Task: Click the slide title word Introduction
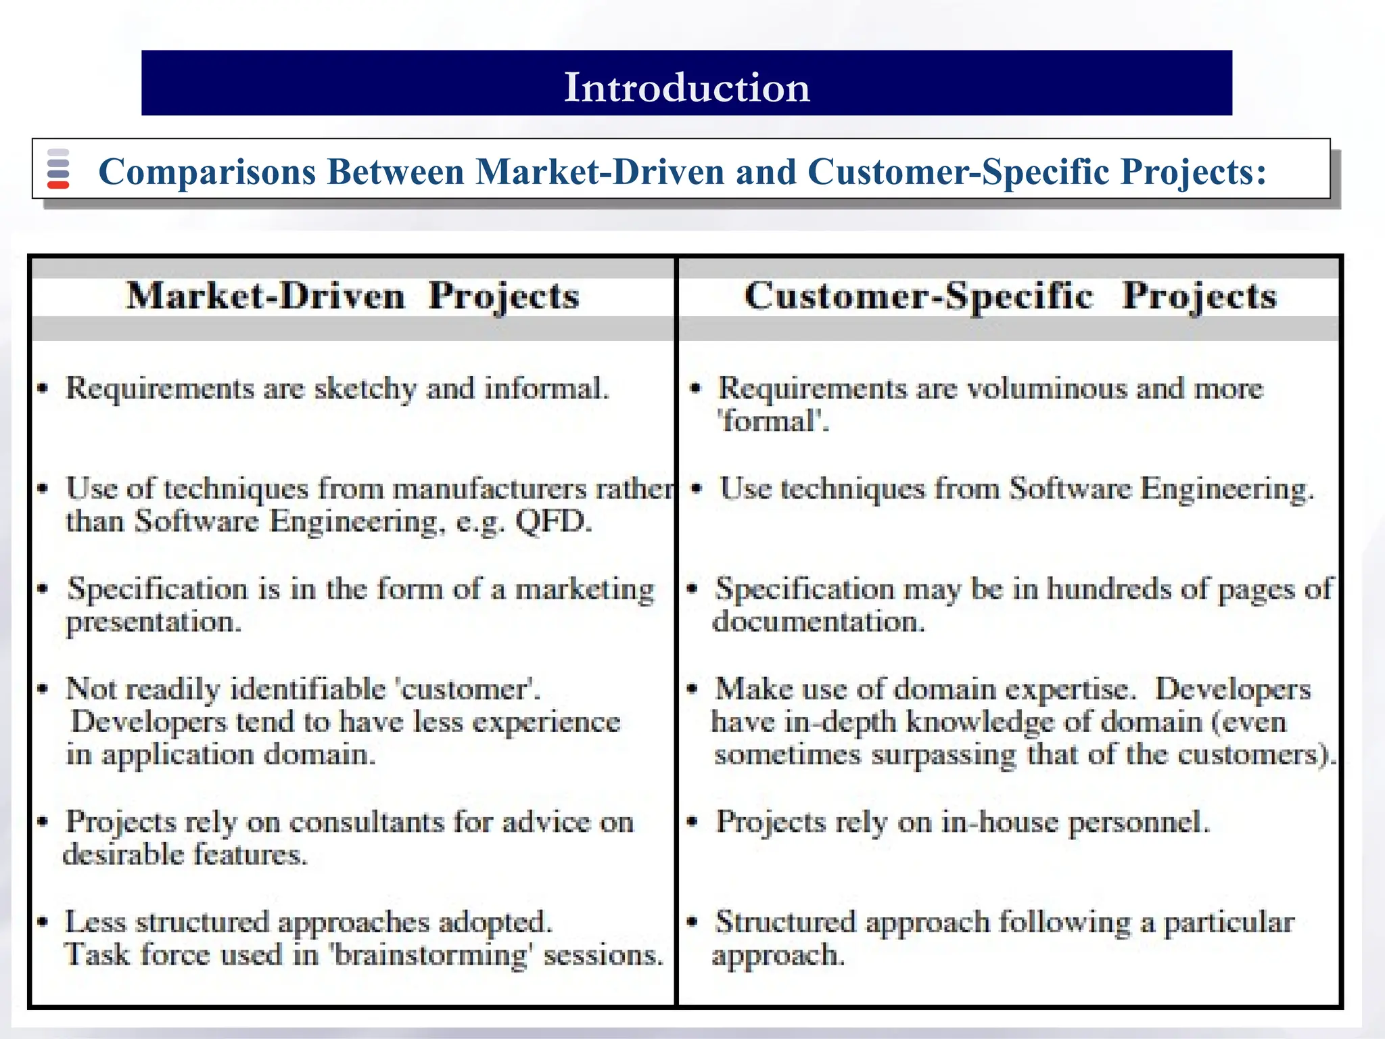[686, 87]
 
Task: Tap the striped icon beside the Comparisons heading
[58, 168]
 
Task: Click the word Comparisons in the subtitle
[207, 172]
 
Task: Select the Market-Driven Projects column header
[352, 296]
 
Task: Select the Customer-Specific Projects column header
[1010, 296]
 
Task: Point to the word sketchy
[365, 389]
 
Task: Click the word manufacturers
[490, 488]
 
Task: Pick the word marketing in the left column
[585, 589]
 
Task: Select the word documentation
[818, 622]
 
